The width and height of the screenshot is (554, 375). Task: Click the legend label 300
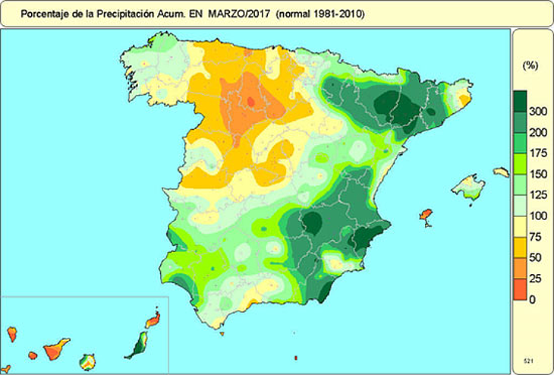coord(537,112)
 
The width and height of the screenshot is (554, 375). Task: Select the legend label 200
coord(537,133)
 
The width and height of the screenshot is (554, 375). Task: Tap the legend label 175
coord(537,153)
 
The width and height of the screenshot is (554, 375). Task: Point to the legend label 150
coord(537,175)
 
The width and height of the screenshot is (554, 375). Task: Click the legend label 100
coord(537,216)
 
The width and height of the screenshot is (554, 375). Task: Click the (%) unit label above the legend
coord(530,66)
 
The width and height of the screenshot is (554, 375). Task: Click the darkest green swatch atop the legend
coord(520,101)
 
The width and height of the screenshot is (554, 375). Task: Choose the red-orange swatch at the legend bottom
coord(520,289)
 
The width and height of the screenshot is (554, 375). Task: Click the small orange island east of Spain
coord(426,217)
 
